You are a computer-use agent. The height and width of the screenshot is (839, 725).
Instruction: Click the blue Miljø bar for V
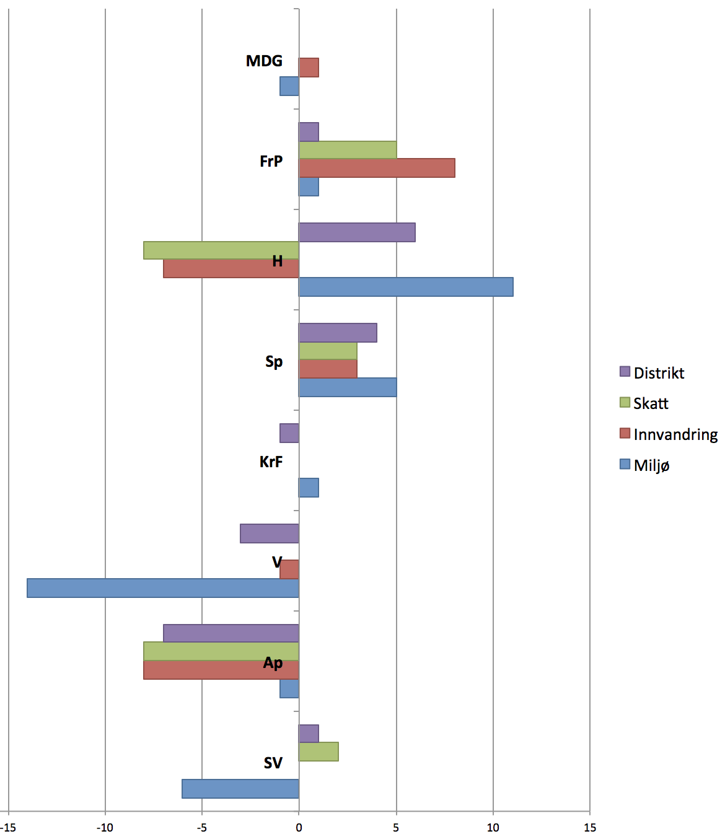[x=163, y=588]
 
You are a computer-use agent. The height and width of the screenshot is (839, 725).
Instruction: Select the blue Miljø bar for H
[x=406, y=287]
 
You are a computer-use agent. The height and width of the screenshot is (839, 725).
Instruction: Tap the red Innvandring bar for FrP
[x=377, y=168]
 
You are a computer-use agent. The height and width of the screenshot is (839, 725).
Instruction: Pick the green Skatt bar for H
[x=221, y=250]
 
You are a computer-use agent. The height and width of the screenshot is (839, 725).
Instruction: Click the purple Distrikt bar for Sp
[x=338, y=333]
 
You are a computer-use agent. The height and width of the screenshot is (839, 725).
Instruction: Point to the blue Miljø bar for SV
[x=240, y=789]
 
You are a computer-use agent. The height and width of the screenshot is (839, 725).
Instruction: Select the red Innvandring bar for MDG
[x=309, y=68]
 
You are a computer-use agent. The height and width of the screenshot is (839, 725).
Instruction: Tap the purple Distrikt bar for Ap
[x=231, y=633]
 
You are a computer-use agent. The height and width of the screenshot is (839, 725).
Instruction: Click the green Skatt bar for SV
[x=319, y=752]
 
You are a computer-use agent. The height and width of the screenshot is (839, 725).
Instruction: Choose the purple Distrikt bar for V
[x=270, y=534]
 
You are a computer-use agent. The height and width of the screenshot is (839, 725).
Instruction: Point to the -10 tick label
[x=105, y=828]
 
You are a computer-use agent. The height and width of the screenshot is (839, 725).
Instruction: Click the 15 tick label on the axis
[x=590, y=828]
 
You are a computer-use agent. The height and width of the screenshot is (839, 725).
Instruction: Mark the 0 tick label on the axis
[x=299, y=828]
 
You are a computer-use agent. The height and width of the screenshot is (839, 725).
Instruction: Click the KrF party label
[x=271, y=462]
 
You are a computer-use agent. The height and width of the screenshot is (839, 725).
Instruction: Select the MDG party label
[x=264, y=61]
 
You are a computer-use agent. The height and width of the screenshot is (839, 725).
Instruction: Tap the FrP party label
[x=271, y=161]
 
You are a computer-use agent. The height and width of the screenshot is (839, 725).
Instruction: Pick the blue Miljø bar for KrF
[x=309, y=488]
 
